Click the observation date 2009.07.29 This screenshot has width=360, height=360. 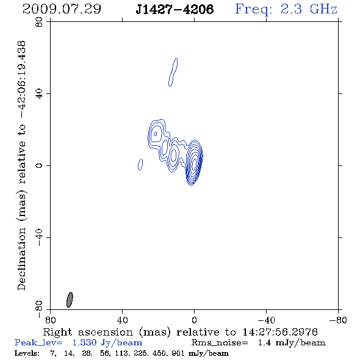point(62,9)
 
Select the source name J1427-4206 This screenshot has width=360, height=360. point(175,9)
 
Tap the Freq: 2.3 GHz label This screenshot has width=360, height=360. point(286,9)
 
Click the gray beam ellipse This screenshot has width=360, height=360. point(70,300)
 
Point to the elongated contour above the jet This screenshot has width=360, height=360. point(173,72)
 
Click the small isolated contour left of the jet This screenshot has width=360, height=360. point(140,164)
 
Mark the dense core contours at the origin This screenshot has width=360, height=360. point(194,162)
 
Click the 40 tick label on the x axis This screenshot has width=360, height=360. point(122,320)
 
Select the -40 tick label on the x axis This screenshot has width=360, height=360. point(266,320)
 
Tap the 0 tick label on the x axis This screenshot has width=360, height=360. point(194,320)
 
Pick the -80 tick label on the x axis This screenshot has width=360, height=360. point(338,320)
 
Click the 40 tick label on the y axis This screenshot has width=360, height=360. point(39,94)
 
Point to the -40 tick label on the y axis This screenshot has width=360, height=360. point(39,237)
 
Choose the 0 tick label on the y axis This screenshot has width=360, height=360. point(39,165)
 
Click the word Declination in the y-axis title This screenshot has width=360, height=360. point(21,259)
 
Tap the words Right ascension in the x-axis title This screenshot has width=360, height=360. point(88,332)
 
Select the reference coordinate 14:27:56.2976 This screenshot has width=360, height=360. point(280,332)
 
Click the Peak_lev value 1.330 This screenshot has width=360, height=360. point(84,342)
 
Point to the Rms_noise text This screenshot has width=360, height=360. point(220,343)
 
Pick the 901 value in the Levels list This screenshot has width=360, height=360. point(178,353)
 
